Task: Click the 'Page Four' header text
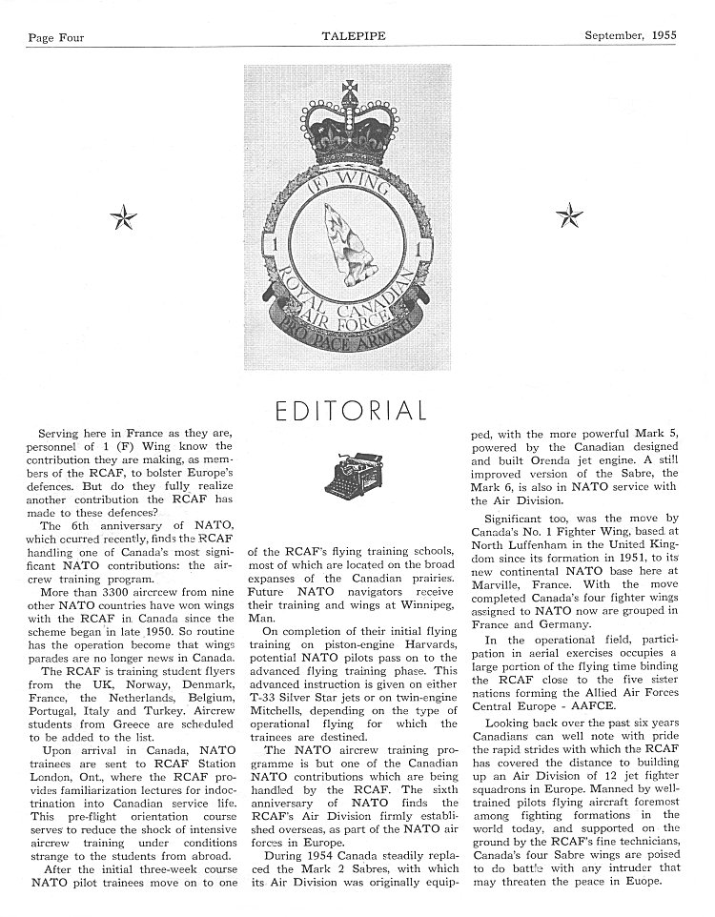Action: click(x=56, y=38)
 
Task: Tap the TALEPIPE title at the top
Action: click(x=356, y=37)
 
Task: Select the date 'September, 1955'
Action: click(x=630, y=36)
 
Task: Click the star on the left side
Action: click(x=124, y=218)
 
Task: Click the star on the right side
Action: click(x=570, y=216)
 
